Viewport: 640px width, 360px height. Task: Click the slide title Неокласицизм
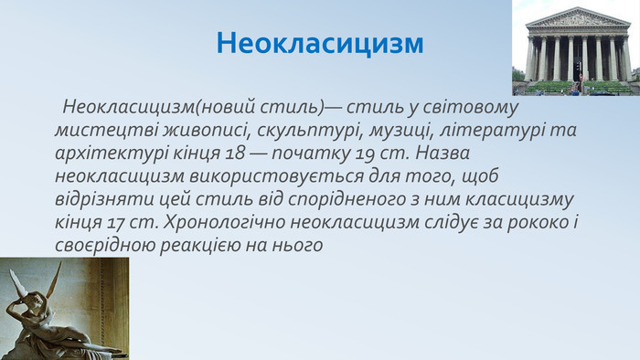(321, 43)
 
